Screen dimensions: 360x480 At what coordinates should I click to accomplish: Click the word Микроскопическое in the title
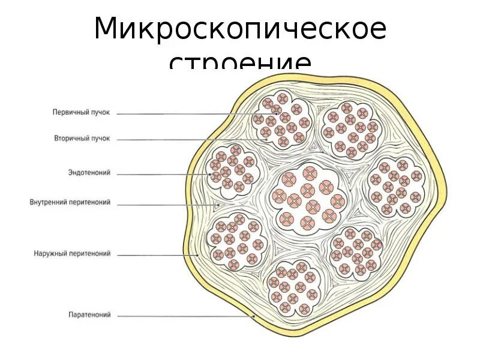[240, 29]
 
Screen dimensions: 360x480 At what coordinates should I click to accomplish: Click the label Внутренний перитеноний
[70, 203]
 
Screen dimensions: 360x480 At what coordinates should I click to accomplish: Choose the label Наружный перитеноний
[72, 254]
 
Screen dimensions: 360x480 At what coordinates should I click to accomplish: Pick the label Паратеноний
[89, 314]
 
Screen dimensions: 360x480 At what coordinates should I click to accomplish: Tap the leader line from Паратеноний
[180, 315]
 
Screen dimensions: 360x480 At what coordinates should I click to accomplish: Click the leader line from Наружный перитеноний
[150, 254]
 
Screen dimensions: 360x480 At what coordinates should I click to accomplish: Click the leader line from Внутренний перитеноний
[162, 204]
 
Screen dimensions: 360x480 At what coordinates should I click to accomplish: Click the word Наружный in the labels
[51, 254]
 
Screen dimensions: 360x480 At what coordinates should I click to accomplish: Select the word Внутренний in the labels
[49, 203]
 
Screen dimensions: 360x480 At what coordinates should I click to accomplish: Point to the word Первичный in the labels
[70, 112]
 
